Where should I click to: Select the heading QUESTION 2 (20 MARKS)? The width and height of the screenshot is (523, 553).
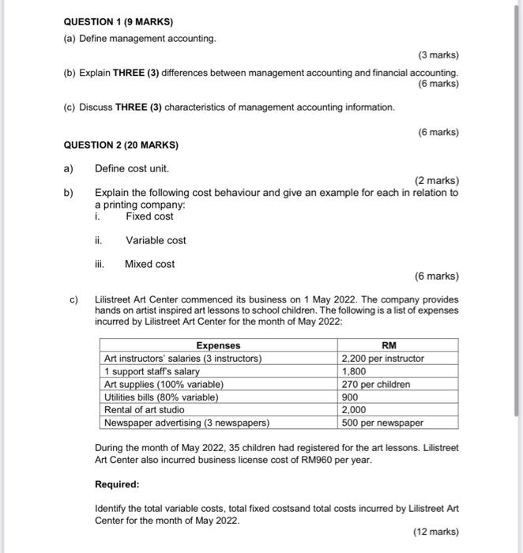point(120,145)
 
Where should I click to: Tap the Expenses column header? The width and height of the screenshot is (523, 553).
point(218,345)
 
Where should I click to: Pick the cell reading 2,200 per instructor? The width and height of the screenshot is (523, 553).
point(382,358)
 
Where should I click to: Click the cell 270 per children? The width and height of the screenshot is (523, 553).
point(376,384)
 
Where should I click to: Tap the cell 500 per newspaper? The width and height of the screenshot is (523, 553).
point(382,423)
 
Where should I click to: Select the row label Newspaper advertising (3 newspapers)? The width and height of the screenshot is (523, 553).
point(186,423)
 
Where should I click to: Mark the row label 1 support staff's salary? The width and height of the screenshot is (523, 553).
point(152,371)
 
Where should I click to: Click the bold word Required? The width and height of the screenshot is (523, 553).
point(117,483)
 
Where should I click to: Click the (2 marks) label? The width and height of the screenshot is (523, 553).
point(437,180)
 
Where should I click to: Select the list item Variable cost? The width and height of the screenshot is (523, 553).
point(156,240)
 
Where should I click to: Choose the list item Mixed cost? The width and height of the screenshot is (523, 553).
point(149,264)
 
